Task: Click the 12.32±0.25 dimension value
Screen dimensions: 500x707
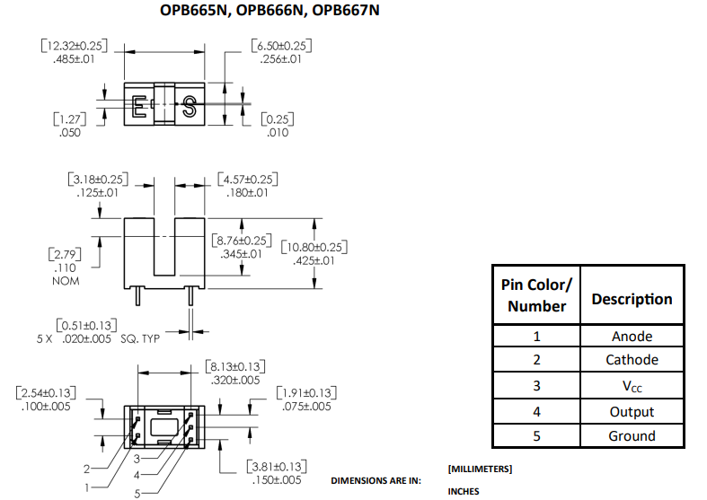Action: [x=75, y=46]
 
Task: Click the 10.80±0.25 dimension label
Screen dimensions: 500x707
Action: [x=314, y=247]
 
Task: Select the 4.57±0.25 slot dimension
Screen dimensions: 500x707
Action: [x=247, y=179]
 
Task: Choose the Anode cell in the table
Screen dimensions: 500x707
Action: [x=632, y=337]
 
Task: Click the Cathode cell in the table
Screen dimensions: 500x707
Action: [x=632, y=360]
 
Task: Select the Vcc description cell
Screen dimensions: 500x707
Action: [x=632, y=386]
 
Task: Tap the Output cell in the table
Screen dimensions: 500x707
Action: [x=632, y=412]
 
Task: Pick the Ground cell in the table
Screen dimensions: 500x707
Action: [x=632, y=436]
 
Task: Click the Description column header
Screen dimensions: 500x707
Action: [x=632, y=299]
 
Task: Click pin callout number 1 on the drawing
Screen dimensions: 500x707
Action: [x=87, y=487]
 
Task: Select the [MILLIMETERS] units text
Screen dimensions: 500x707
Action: [x=480, y=469]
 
